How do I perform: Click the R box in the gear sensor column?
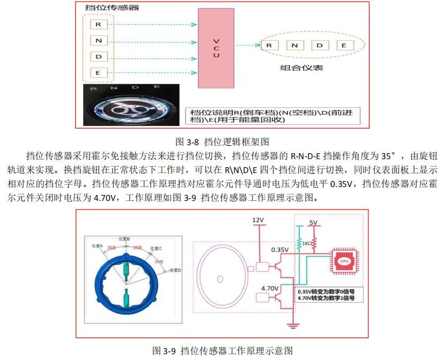[98, 24]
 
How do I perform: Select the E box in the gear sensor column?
[98, 72]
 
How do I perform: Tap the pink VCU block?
[216, 48]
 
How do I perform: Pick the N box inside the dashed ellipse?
[295, 46]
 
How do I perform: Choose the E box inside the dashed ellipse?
[344, 46]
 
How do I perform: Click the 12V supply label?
[259, 220]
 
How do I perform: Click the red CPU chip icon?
[345, 260]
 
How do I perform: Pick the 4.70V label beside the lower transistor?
[270, 289]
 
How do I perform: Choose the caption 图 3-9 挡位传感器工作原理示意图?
[222, 351]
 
